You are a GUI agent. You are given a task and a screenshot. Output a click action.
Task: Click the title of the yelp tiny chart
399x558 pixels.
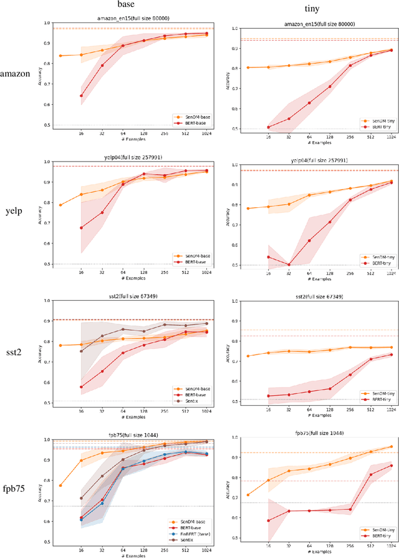[x=312, y=160]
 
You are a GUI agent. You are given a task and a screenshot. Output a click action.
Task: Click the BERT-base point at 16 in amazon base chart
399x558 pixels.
[x=81, y=96]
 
